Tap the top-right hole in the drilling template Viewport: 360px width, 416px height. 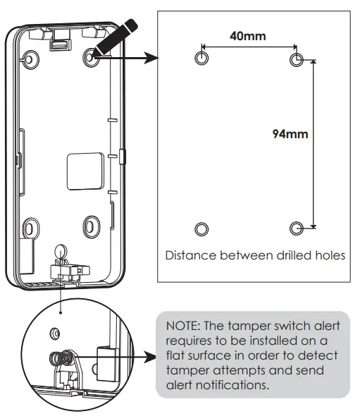pyautogui.click(x=297, y=58)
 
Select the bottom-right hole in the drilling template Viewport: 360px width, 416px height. pyautogui.click(x=297, y=228)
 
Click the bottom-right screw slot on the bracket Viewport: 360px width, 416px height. pyautogui.click(x=91, y=226)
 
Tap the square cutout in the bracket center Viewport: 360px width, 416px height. pyautogui.click(x=81, y=169)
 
